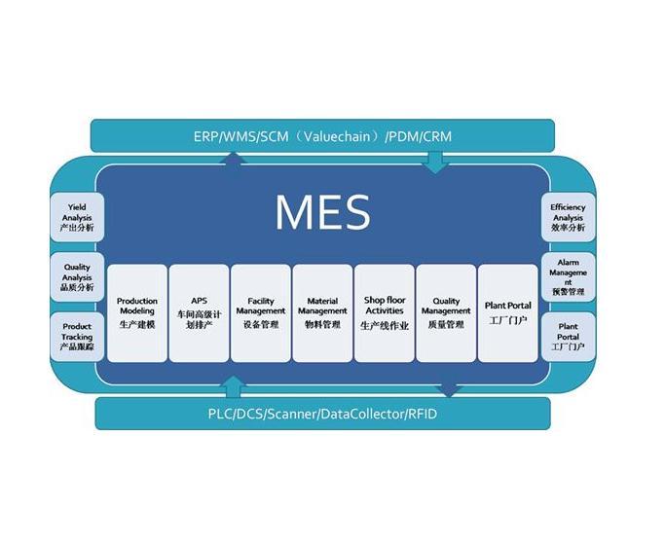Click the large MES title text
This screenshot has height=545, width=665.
click(322, 212)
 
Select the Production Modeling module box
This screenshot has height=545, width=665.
click(137, 313)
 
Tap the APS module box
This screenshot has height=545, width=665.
click(199, 313)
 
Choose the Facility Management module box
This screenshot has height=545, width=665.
click(261, 313)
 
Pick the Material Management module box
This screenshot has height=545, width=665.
click(322, 313)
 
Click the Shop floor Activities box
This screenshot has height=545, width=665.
click(385, 313)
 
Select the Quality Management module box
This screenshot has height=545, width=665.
click(446, 313)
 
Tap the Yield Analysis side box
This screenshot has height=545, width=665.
click(77, 217)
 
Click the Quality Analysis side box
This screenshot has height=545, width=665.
click(77, 277)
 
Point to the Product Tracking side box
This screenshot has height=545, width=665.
click(77, 337)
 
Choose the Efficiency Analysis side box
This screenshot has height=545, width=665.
click(569, 217)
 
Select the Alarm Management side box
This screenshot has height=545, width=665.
click(569, 277)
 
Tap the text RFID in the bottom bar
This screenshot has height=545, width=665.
click(422, 414)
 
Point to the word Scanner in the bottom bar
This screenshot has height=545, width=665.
click(291, 414)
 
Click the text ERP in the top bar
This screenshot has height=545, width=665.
click(205, 136)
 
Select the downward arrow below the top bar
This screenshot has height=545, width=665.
click(435, 163)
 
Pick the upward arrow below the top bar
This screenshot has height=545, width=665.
click(233, 158)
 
